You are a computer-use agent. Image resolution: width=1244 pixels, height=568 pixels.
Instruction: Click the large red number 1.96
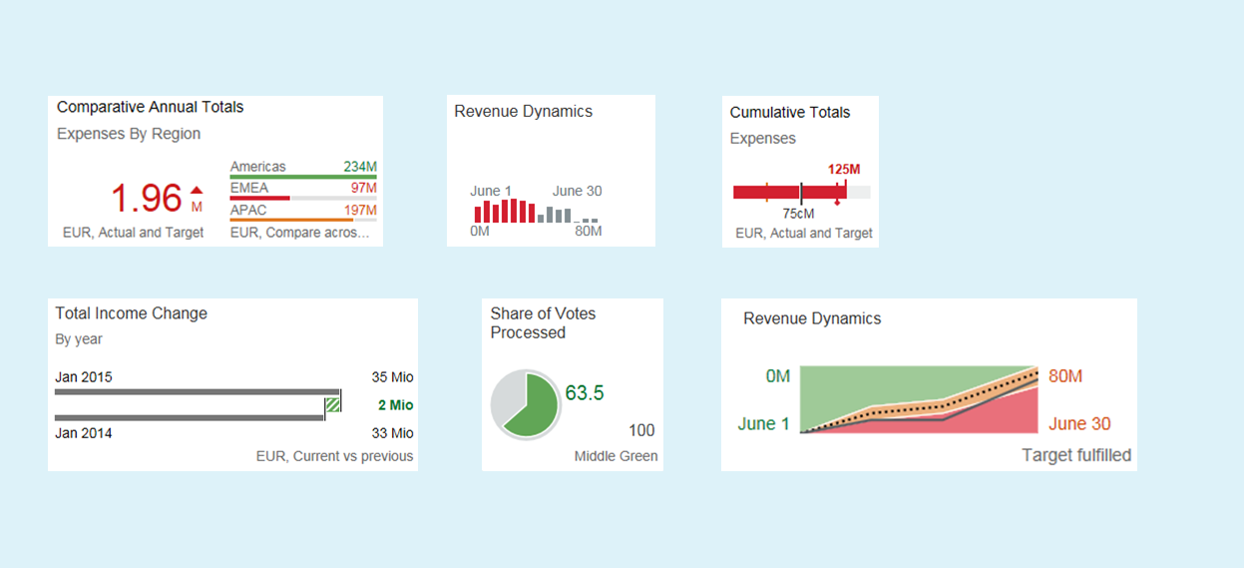coord(146,199)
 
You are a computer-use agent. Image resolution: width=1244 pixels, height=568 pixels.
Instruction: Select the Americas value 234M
coord(360,167)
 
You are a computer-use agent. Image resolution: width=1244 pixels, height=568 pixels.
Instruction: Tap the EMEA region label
coord(248,188)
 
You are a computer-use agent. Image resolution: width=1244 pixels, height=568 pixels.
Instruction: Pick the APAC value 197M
coord(360,210)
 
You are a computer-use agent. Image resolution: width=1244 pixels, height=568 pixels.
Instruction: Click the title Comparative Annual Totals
coord(150,107)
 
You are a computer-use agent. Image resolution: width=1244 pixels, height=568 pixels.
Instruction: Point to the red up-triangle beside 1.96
coord(197,189)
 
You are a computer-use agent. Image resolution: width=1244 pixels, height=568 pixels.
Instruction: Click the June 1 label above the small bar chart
coord(491,191)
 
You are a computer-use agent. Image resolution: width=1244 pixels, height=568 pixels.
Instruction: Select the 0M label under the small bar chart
coord(480,232)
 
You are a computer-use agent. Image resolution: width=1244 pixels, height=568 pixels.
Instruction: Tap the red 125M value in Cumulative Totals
coord(844,169)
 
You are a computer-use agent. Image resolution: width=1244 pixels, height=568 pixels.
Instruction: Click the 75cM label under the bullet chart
coord(798,214)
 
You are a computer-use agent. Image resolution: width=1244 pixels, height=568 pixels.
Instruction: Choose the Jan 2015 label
coord(84,377)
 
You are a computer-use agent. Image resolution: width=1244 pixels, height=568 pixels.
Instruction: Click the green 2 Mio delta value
coord(395,405)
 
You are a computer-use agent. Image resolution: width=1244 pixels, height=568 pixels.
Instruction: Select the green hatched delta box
coord(332,404)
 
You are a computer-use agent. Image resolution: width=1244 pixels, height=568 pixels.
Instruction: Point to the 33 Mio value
coord(392,433)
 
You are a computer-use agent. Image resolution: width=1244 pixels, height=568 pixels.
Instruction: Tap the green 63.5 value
coord(585,393)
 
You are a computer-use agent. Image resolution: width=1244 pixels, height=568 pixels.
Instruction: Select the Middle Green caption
coord(616,456)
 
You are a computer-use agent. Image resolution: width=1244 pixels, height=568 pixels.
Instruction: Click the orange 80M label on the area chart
coord(1065,376)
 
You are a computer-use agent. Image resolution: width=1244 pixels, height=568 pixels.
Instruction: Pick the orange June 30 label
coord(1079,424)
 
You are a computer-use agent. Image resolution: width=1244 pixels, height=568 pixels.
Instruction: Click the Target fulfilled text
coord(1076,455)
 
